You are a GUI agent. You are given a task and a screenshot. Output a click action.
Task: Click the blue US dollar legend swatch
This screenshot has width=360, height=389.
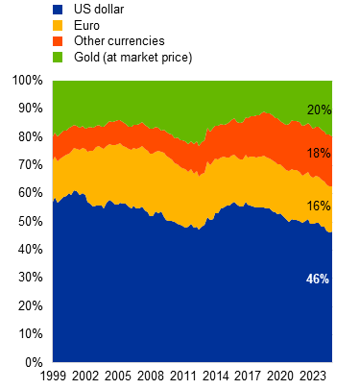click(58, 9)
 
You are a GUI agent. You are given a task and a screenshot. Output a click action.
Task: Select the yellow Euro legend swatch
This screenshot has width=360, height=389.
click(58, 25)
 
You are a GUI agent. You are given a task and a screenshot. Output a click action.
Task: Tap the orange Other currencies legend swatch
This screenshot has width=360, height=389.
click(58, 41)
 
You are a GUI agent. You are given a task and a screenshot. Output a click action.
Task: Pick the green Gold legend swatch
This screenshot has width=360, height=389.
click(58, 58)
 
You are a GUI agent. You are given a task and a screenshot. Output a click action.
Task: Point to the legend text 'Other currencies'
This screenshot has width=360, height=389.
click(119, 41)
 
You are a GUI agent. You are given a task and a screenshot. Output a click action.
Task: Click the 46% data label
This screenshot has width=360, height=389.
click(318, 279)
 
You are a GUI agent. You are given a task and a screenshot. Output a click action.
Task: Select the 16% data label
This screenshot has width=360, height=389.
click(318, 206)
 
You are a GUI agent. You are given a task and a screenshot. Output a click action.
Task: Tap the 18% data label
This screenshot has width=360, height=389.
click(318, 154)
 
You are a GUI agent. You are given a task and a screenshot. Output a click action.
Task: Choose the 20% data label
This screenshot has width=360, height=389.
click(318, 109)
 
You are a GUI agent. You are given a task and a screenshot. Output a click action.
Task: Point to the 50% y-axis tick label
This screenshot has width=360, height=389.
click(30, 221)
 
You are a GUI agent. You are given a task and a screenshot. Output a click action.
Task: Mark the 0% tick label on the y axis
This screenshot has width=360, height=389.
click(34, 362)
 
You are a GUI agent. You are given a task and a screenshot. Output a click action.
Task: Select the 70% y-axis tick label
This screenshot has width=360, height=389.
click(30, 164)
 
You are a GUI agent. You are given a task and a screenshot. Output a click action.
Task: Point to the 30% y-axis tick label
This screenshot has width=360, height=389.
click(30, 278)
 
